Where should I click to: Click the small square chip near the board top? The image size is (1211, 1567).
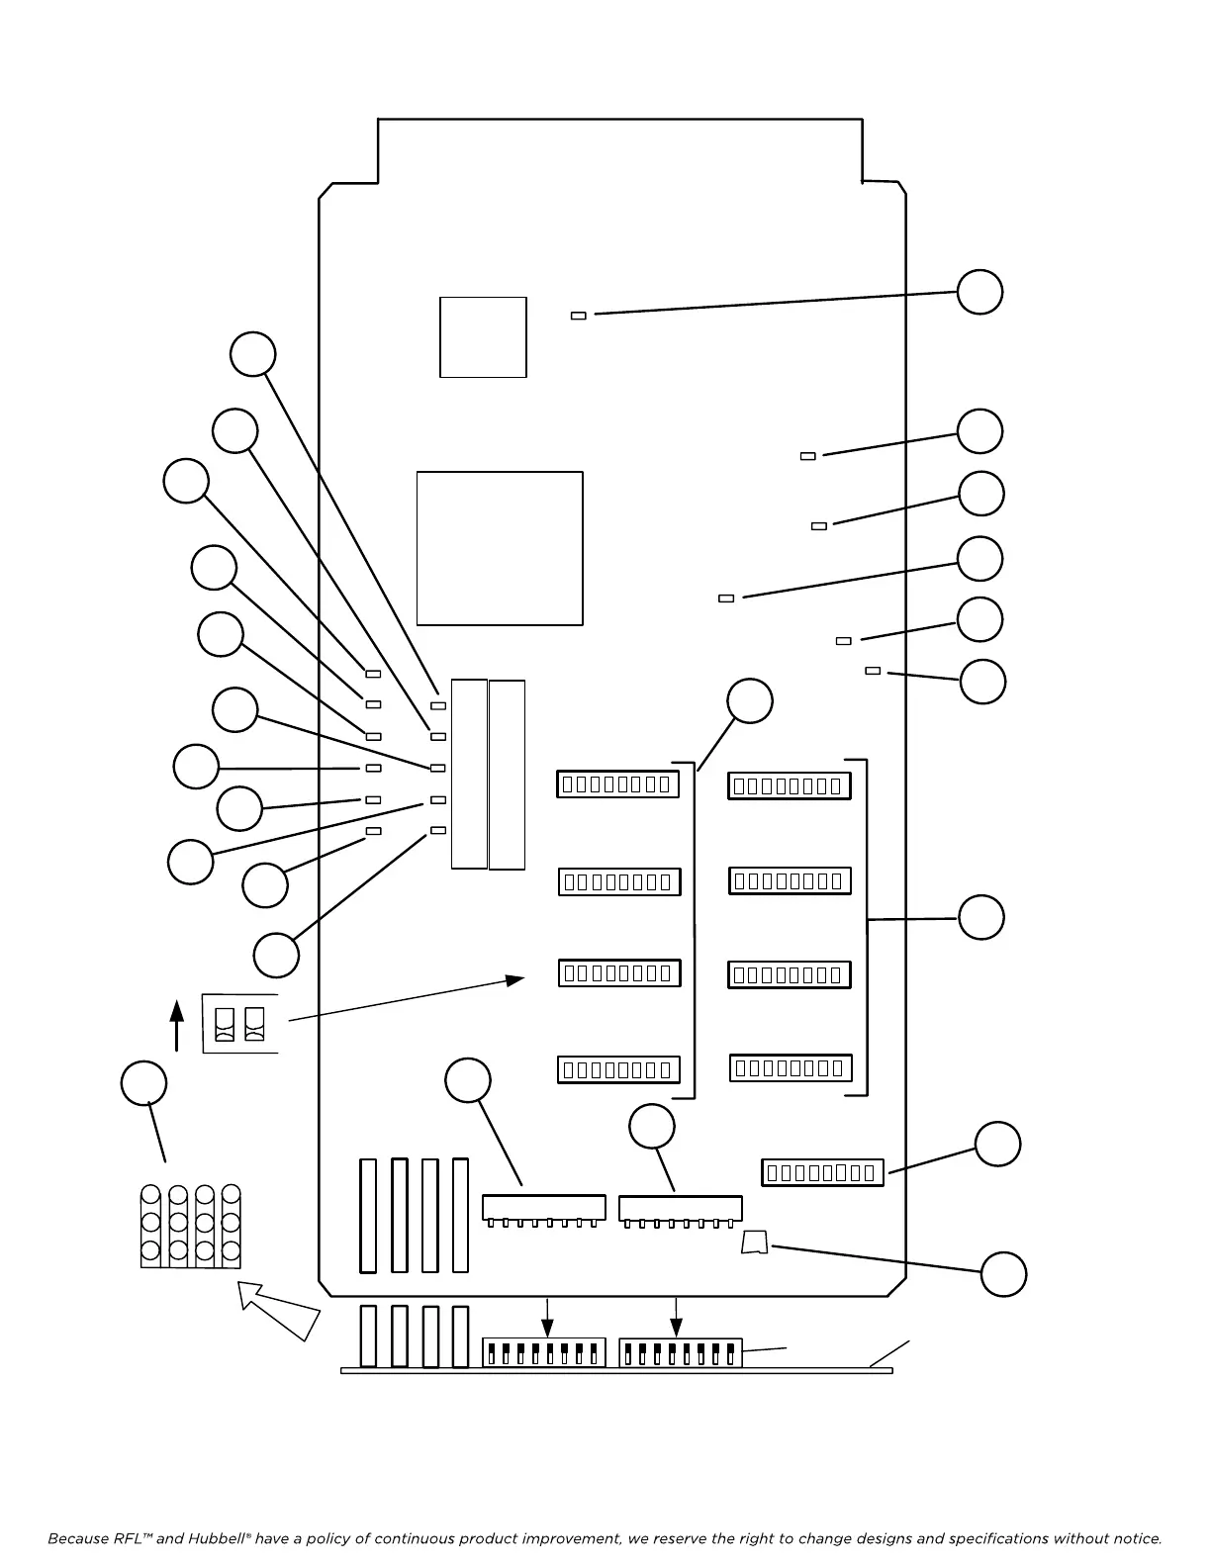pos(483,336)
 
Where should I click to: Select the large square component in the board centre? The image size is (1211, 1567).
pos(500,548)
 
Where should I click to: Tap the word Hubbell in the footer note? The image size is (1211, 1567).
pos(217,1538)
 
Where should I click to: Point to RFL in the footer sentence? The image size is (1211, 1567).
pos(128,1538)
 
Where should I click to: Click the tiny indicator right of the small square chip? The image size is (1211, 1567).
pos(579,316)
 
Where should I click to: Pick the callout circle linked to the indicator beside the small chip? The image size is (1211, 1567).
pos(979,292)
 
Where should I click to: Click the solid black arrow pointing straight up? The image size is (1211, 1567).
pos(177,1023)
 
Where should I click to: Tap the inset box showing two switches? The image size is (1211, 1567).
pos(240,1024)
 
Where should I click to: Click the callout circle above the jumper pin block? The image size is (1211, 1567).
pos(144,1083)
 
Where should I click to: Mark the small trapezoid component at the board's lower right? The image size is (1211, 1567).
pos(755,1243)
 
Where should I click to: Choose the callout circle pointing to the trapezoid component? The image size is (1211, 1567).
pos(1003,1274)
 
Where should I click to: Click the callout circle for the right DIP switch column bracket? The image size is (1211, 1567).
pos(981,917)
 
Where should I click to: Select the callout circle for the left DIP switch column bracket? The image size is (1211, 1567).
pos(750,701)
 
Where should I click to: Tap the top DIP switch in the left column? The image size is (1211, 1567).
pos(617,784)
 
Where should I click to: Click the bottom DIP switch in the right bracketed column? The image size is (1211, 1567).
pos(791,1068)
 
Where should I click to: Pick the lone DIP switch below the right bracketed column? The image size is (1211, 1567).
pos(822,1172)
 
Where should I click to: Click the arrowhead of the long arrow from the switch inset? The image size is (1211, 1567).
pos(515,979)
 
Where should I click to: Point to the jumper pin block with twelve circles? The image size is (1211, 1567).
pos(191,1227)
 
